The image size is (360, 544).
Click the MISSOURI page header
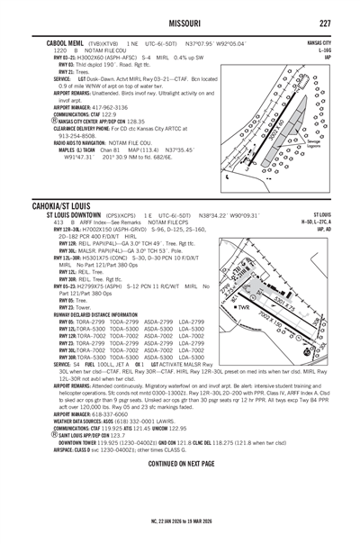(x=180, y=23)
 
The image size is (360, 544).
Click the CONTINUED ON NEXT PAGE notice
(x=180, y=462)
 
